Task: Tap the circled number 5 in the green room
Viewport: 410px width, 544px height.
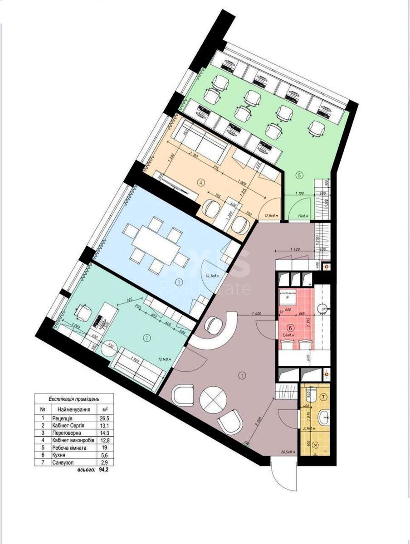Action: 298,175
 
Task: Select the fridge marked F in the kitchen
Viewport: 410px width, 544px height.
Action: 288,298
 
